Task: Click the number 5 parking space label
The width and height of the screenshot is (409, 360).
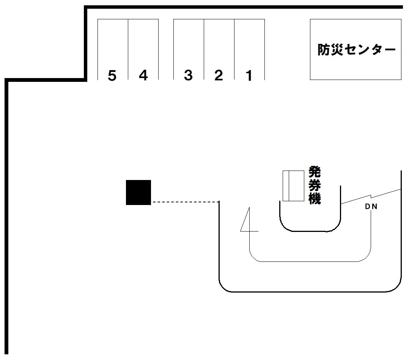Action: tap(112, 76)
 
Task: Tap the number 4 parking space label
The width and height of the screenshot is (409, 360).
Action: tap(143, 76)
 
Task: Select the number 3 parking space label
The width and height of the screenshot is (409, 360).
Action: tap(188, 76)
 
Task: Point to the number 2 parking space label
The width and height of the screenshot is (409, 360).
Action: tap(219, 76)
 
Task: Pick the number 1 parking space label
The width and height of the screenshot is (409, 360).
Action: tap(249, 76)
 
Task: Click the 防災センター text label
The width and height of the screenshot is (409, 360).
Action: tap(356, 50)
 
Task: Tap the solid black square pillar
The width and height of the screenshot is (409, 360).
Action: tap(138, 193)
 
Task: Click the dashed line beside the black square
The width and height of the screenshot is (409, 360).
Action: tap(185, 202)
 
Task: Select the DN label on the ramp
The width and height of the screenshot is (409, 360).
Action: tap(371, 207)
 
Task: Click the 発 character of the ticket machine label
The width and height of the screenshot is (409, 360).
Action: tap(315, 172)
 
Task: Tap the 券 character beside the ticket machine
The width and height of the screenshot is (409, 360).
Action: tap(315, 185)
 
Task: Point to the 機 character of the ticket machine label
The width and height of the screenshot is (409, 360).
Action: tap(315, 198)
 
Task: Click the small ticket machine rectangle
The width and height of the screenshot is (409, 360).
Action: tap(293, 186)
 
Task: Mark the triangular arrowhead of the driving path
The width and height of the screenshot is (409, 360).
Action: tap(246, 222)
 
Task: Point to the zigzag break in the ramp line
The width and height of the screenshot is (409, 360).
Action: tap(371, 196)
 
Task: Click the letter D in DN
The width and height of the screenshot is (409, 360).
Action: tap(367, 207)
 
